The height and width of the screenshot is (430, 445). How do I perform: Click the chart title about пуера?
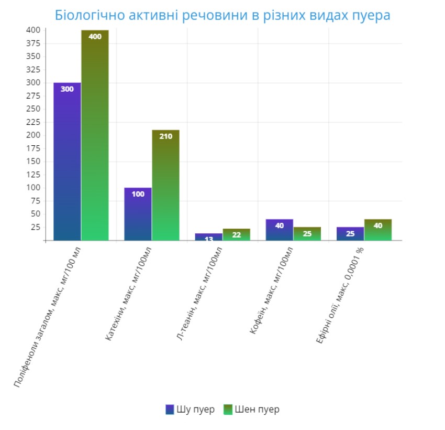point(222,15)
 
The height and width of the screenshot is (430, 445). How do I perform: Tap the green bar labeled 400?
point(95,136)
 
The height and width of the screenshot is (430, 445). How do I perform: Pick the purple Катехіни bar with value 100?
point(138,215)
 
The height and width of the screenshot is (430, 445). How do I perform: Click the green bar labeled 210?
point(165,186)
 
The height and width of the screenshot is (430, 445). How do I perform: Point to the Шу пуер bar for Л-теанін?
point(208,237)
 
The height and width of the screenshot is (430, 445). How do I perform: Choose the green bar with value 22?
point(236,234)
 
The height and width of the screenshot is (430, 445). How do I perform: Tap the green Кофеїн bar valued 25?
point(307,234)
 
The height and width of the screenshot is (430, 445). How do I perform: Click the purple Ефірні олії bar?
point(350,234)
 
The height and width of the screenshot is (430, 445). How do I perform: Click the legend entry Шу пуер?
point(190,410)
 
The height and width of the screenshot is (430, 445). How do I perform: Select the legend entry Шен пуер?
point(251,410)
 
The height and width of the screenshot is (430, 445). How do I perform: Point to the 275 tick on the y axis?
point(33,96)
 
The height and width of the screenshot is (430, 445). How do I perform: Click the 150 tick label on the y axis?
point(33,162)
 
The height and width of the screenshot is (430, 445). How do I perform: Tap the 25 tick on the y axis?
point(36,227)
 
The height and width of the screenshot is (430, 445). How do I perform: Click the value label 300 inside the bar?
point(67,89)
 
